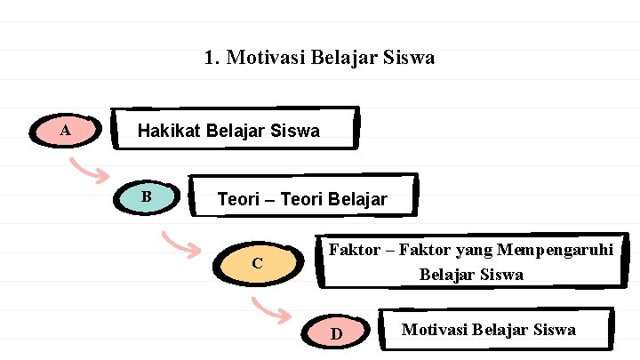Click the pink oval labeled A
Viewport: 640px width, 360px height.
pos(65,132)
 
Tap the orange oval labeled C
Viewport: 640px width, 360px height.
pos(257,263)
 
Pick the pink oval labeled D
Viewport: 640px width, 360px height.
pos(337,333)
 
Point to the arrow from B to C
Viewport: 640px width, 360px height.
pos(181,242)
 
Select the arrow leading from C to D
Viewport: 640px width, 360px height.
pos(271,309)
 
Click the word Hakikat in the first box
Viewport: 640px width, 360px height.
pos(169,132)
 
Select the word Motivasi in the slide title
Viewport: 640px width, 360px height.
pos(262,59)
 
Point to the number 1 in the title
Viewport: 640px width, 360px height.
pos(210,59)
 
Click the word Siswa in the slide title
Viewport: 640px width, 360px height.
pos(409,59)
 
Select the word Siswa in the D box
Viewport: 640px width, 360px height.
pos(555,330)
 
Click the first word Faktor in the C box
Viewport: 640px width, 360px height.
pos(353,250)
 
